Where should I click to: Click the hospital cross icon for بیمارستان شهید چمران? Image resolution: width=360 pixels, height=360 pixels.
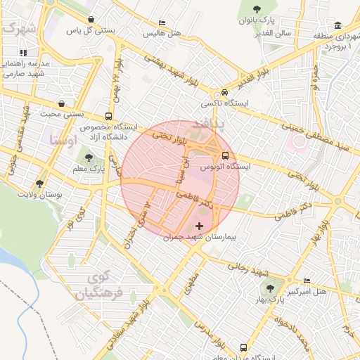200,226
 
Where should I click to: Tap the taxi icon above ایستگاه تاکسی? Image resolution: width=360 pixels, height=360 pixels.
224,92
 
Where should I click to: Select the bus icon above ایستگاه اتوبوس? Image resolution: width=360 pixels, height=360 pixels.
225,155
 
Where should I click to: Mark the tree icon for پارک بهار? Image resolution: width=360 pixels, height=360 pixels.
269,289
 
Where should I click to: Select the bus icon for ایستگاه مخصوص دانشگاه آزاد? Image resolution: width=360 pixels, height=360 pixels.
108,117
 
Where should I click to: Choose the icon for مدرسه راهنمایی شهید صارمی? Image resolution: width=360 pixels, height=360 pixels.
23,52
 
